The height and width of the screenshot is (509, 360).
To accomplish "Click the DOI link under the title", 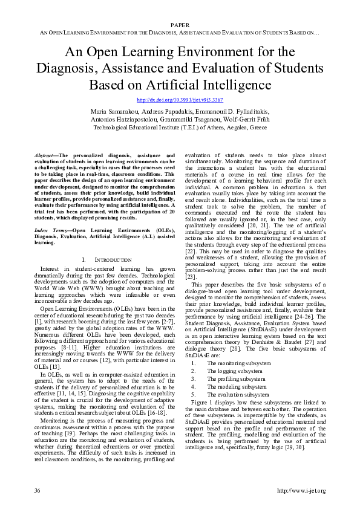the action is [x=180, y=99].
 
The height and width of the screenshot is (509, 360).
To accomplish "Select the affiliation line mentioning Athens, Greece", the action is [x=180, y=128].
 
